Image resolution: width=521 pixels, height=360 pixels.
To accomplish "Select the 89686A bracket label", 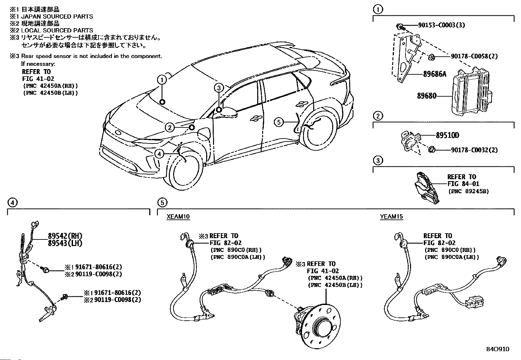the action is coord(435,74).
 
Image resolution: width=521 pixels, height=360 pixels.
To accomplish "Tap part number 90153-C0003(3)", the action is coord(441,25).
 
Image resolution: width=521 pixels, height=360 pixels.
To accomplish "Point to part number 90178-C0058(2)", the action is coord(474,56).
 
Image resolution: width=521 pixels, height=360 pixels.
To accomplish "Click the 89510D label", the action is coord(447,135).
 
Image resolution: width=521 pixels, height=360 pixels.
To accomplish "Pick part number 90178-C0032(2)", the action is coord(475,150).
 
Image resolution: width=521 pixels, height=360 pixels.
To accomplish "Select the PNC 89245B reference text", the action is coord(468,191).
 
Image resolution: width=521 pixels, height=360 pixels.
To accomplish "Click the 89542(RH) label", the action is coord(65,236).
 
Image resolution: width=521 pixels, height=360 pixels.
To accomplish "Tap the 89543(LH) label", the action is coord(65,243).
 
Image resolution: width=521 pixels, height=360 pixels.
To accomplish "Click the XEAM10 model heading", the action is coord(178,217).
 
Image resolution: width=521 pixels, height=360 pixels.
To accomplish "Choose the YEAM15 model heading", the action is coord(391,217).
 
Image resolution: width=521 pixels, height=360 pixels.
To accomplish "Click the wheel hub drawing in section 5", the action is coord(317,326).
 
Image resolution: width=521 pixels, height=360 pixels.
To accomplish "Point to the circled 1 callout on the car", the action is coord(162,80).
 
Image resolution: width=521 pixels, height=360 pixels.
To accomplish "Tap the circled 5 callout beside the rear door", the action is coord(279,122).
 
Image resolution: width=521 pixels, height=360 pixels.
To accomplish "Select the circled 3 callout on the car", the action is coord(219,88).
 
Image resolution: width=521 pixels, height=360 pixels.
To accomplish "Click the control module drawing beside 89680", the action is coord(472,92).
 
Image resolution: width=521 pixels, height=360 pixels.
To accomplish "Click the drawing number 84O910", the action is coord(498,349).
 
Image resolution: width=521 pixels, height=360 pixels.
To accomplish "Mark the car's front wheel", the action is coord(184,170).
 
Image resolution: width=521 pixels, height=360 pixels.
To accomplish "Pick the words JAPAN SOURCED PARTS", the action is coord(57,16).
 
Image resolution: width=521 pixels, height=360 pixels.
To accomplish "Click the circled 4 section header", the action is coord(12,202).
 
